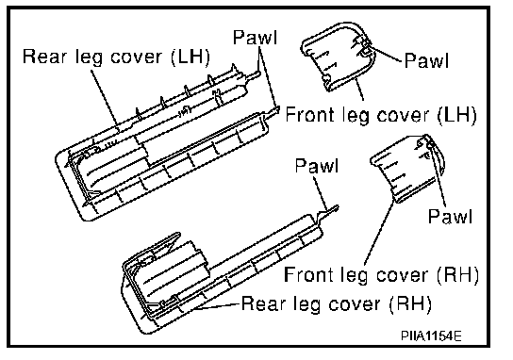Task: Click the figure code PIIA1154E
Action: [x=431, y=335]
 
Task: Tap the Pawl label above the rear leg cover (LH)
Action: [x=256, y=38]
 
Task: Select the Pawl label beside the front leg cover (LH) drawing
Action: [x=426, y=60]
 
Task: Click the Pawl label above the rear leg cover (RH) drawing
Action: [x=316, y=166]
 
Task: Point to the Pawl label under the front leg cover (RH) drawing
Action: [x=450, y=216]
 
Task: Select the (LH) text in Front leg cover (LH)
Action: [x=456, y=115]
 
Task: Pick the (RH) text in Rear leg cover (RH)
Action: [x=410, y=304]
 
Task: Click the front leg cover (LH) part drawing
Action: [x=339, y=57]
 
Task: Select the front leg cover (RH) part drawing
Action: [x=407, y=168]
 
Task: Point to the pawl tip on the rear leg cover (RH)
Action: [x=337, y=207]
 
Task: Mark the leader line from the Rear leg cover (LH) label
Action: [x=106, y=101]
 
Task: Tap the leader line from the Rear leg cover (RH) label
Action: [x=216, y=306]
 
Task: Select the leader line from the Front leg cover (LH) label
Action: [x=359, y=89]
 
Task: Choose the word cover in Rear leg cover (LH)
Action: [x=136, y=57]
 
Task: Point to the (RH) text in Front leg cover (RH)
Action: [x=457, y=274]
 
